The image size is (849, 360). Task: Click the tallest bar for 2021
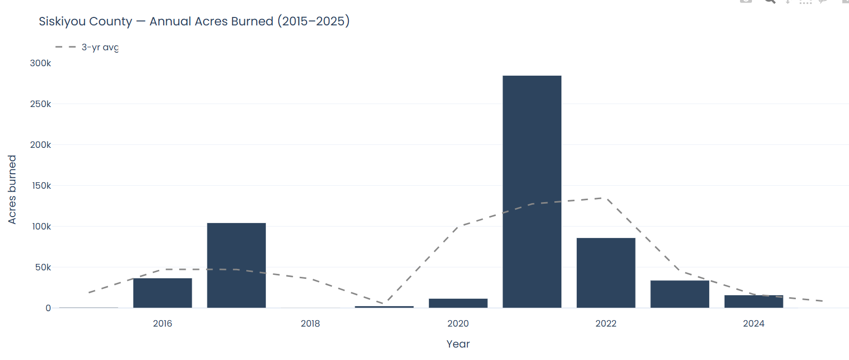[x=531, y=192]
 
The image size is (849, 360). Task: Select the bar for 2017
[x=236, y=265]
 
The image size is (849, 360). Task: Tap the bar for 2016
[x=162, y=293]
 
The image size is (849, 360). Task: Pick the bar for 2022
[x=606, y=273]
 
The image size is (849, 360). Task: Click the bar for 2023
[x=679, y=294]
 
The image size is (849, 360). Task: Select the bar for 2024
[x=753, y=301]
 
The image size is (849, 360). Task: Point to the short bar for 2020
[x=458, y=303]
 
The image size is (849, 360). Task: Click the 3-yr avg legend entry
[x=100, y=47]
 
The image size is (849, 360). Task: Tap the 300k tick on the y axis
[x=40, y=63]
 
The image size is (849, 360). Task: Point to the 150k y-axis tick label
[x=41, y=186]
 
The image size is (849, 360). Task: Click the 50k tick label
[x=43, y=267]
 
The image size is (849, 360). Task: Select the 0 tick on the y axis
[x=48, y=308]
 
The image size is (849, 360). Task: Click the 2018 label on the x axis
[x=310, y=324]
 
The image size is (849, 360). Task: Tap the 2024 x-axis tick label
[x=753, y=324]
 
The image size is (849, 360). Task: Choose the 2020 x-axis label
[x=458, y=324]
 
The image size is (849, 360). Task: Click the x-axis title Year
[x=458, y=344]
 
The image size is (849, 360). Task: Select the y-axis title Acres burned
[x=12, y=189]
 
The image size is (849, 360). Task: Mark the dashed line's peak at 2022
[x=606, y=198]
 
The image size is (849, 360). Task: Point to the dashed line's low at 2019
[x=384, y=304]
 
